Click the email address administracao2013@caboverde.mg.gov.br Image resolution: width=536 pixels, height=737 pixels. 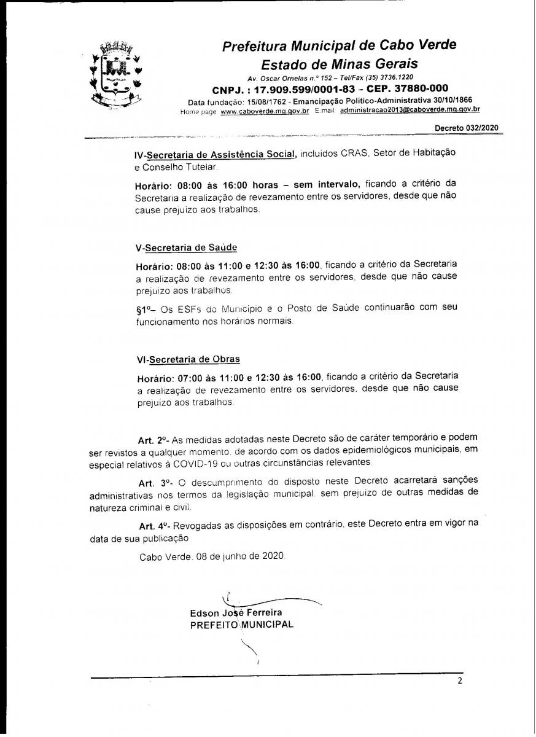(x=410, y=110)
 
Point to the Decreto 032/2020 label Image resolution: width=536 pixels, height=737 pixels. (x=467, y=128)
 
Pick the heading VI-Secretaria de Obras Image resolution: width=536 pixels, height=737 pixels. (x=188, y=359)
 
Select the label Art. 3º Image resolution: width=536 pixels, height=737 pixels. (x=153, y=482)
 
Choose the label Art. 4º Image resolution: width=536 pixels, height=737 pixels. (x=154, y=526)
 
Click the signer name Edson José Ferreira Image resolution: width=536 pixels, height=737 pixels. (x=236, y=613)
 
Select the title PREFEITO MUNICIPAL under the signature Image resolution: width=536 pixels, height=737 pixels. (x=241, y=625)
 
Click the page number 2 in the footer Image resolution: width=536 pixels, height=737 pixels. (x=459, y=681)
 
